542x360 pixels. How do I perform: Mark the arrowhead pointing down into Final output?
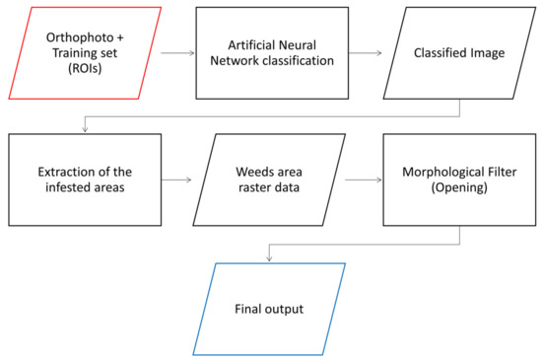(268, 258)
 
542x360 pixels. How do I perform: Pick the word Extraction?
(58, 172)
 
